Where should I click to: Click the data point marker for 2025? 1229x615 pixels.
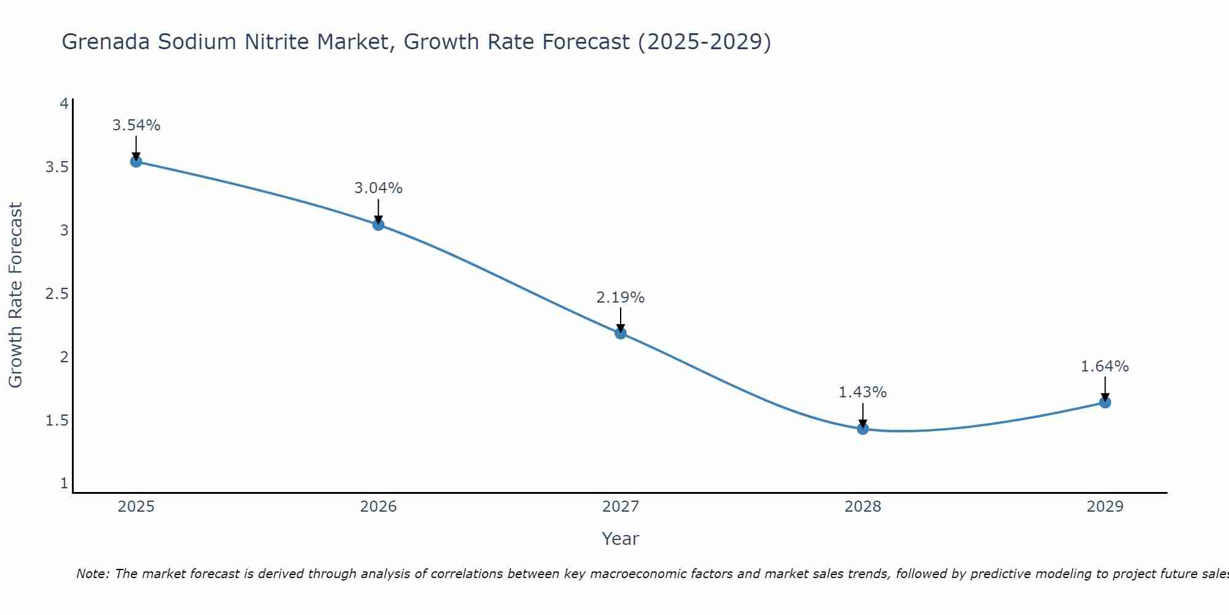coord(136,162)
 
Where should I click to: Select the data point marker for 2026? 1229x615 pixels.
coord(378,225)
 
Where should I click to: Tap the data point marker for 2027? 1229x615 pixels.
coord(620,333)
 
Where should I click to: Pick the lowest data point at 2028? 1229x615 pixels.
coord(862,429)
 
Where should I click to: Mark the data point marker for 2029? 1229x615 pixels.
coord(1104,403)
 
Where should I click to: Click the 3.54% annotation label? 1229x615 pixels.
coord(136,125)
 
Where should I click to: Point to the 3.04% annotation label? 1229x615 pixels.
coord(378,188)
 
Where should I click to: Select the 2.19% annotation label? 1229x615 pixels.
coord(620,298)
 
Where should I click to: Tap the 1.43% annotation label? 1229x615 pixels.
coord(862,392)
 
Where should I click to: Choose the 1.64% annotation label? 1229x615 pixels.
coord(1104,367)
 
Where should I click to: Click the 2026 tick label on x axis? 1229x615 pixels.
coord(378,507)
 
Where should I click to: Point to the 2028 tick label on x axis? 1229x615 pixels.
coord(862,507)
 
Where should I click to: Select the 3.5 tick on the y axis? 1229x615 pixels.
coord(57,167)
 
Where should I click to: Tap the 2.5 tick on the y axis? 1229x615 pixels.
coord(57,294)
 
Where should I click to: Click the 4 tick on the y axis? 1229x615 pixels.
coord(64,104)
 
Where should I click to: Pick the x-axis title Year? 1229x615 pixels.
coord(620,539)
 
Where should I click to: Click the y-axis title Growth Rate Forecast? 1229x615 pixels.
coord(15,295)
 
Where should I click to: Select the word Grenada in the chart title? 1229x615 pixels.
coord(106,42)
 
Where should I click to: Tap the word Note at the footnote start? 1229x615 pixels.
coord(92,574)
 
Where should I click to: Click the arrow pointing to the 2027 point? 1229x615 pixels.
coord(620,320)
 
